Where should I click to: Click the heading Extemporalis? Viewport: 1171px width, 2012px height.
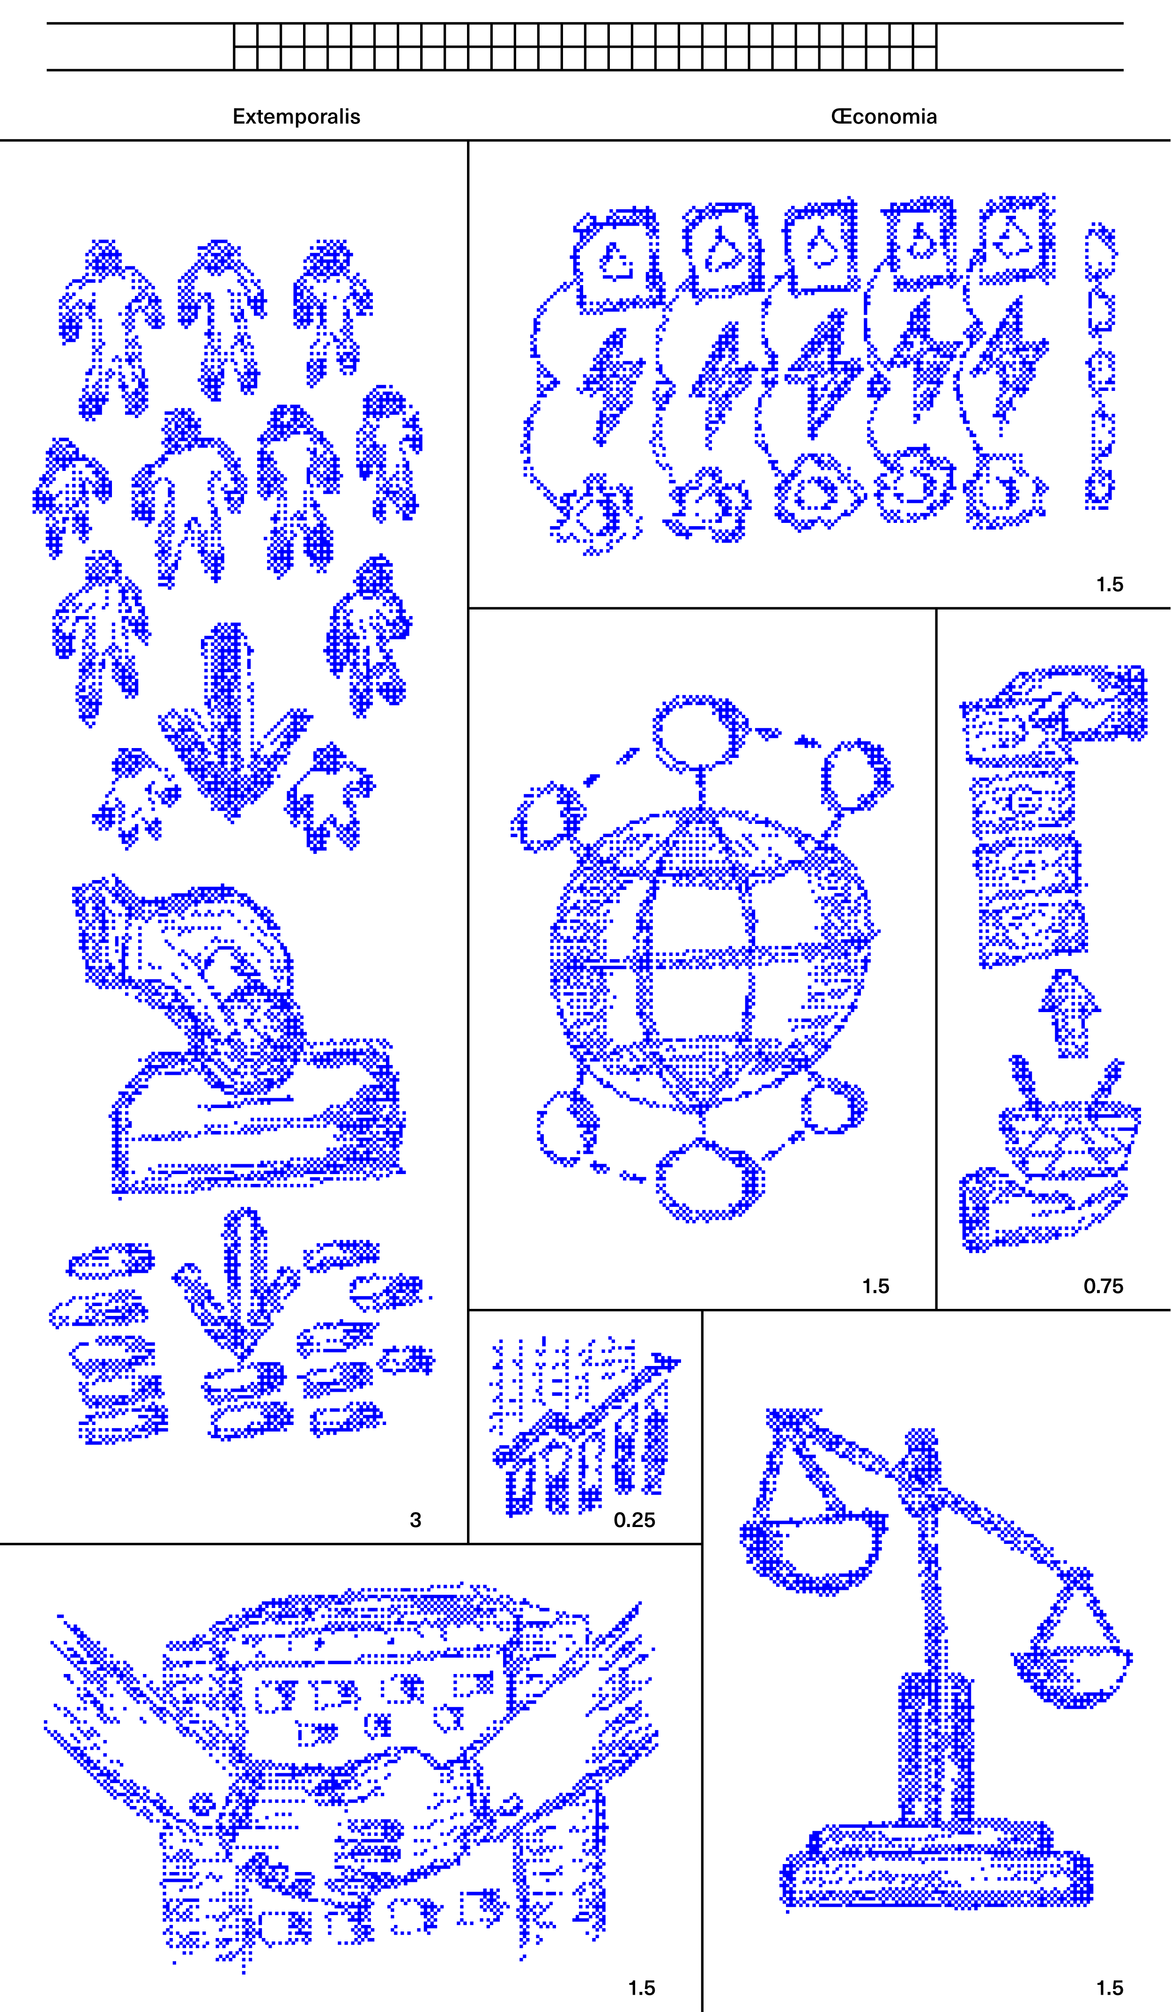(x=296, y=117)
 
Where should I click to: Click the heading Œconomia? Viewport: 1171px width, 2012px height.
(x=883, y=117)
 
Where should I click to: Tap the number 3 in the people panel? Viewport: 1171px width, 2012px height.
(x=415, y=1520)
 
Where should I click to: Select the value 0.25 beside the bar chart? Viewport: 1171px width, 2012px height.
(x=634, y=1520)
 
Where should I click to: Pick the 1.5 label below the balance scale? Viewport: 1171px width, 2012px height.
(x=1110, y=1987)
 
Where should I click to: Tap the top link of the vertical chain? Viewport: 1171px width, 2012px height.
(x=1100, y=249)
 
